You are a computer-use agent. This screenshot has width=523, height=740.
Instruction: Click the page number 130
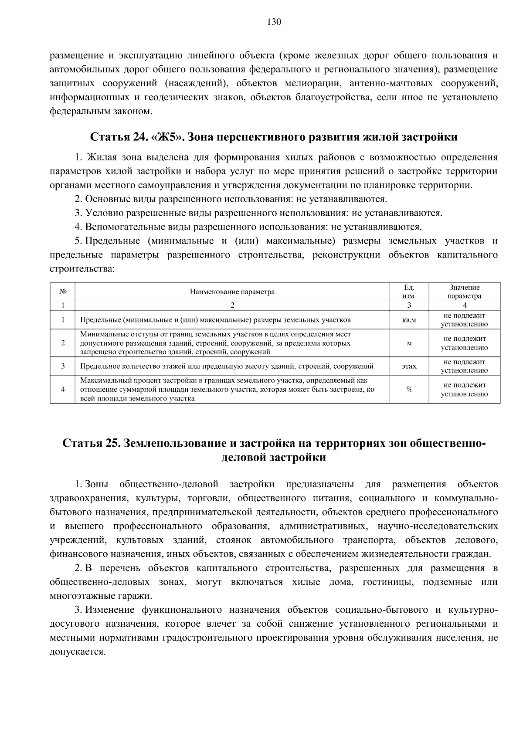pos(274,22)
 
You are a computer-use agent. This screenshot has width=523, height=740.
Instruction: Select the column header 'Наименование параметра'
pos(232,292)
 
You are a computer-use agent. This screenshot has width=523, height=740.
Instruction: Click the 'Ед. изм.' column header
pos(409,292)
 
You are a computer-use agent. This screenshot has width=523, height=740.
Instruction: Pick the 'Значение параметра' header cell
pos(464,292)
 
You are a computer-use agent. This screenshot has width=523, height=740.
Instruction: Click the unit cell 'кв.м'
pos(409,320)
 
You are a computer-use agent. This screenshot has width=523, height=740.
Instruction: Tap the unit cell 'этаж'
pos(409,366)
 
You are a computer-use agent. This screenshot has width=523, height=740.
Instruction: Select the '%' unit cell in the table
pos(409,390)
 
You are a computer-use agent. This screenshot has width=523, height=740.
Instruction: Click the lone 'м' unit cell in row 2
pos(409,343)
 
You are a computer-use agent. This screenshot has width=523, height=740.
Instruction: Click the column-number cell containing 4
pos(464,306)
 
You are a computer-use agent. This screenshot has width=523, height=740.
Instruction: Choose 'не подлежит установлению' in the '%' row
pos(464,390)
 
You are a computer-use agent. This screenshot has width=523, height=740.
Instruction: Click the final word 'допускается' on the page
pos(78,652)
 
